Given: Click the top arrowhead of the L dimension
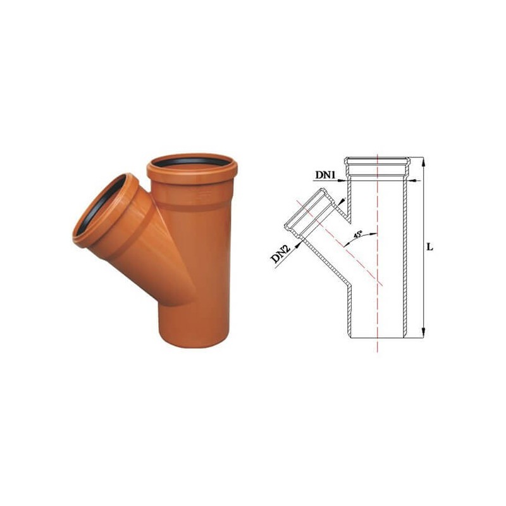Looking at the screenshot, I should pos(423,161).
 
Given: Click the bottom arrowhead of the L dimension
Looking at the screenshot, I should pos(423,333).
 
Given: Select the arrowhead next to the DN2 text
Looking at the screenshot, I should pos(295,243).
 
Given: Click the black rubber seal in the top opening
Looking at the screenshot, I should pos(192,162).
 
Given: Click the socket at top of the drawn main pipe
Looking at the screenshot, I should pos(377,168).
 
